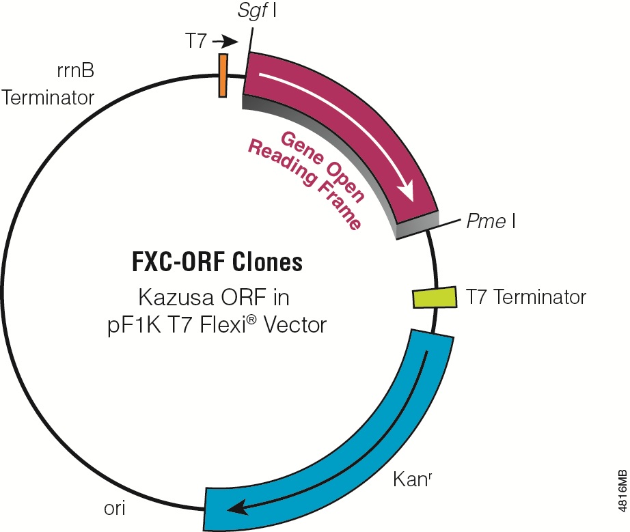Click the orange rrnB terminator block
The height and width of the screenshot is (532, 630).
[223, 75]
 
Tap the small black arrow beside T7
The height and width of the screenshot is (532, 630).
[229, 42]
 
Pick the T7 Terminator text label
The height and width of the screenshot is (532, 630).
[526, 297]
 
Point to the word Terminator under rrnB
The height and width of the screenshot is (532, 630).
[48, 98]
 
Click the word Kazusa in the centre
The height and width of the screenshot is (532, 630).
[180, 298]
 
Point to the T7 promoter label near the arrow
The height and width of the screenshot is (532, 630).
[199, 42]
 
